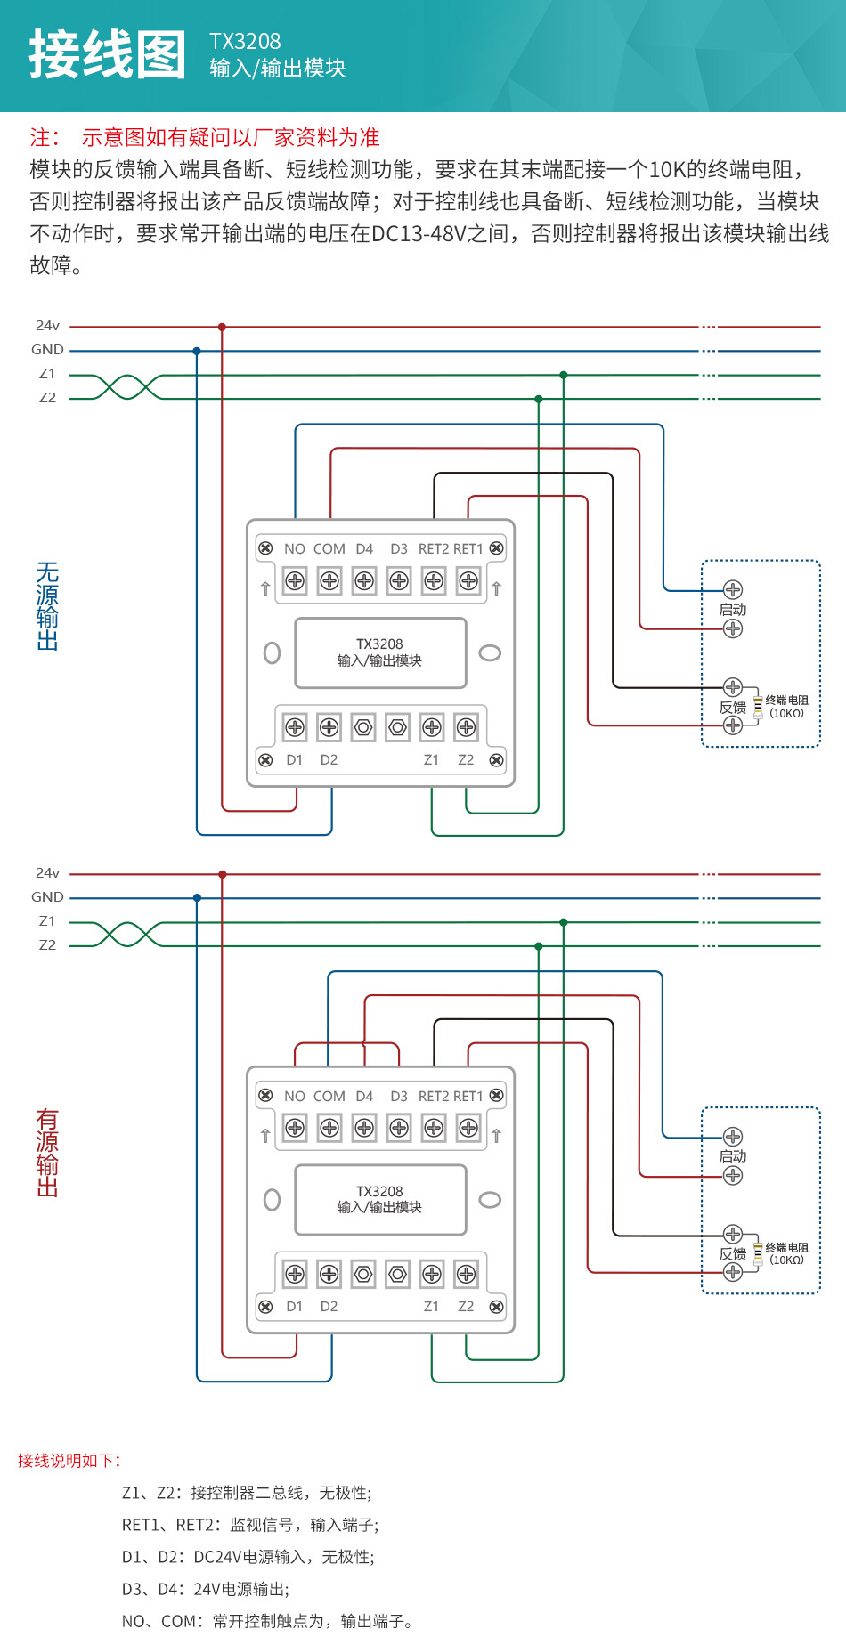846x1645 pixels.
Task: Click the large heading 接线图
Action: tap(108, 54)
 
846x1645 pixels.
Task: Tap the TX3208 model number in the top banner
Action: tap(245, 42)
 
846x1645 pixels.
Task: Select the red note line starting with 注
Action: tap(205, 137)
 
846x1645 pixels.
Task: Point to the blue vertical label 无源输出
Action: tap(47, 605)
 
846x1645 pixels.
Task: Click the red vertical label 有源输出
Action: tap(47, 1152)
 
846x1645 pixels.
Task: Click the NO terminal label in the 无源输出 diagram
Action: tap(295, 549)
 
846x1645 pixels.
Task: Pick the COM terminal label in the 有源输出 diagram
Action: tap(329, 1097)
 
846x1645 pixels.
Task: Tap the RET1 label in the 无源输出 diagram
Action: tap(468, 549)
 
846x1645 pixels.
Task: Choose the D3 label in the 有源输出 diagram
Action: tap(399, 1097)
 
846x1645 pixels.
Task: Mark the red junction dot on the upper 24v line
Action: tap(222, 328)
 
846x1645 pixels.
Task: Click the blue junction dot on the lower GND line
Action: tap(197, 898)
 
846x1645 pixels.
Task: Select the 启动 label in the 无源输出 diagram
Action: tap(733, 610)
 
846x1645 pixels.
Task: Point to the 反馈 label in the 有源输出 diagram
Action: tap(733, 1254)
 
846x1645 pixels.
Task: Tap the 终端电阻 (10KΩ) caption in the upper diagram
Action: tap(786, 707)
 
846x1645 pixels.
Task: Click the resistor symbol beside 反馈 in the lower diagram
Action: tap(758, 1254)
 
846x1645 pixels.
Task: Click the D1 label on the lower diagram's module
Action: tap(294, 1307)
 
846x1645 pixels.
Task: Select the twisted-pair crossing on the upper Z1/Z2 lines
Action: tap(127, 387)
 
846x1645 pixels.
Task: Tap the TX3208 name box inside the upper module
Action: tap(380, 652)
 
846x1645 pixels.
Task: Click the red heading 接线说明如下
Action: tap(69, 1461)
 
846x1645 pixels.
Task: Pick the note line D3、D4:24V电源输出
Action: tap(206, 1589)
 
